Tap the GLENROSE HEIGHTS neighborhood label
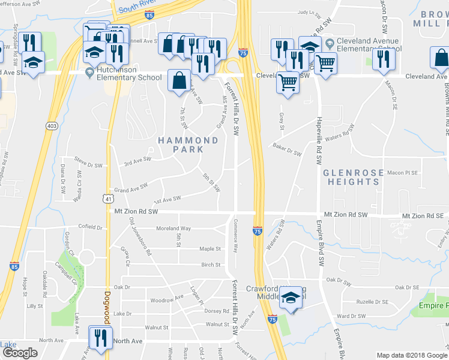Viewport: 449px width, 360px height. tap(352, 177)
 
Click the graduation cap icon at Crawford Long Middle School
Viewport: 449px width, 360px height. tap(291, 297)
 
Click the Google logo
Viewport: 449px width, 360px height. tap(20, 353)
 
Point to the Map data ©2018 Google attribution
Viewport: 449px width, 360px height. tap(412, 355)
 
